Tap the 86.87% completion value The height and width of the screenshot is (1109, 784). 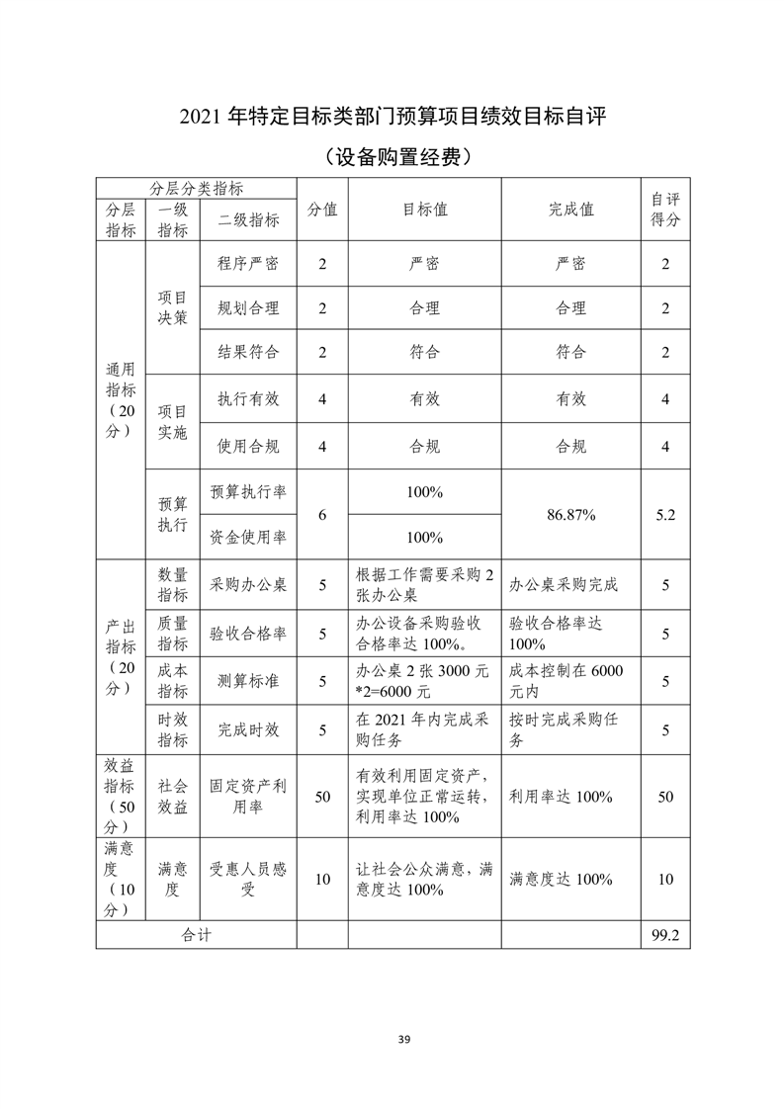click(571, 515)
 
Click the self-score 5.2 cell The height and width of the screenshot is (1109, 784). click(664, 515)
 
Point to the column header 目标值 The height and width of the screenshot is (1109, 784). click(424, 210)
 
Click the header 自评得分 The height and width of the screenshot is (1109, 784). click(664, 210)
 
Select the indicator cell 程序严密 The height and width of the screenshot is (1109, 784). click(248, 265)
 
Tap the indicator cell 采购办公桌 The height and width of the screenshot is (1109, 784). click(248, 585)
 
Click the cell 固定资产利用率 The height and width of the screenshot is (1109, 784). click(248, 797)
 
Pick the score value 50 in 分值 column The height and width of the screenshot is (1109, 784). click(322, 797)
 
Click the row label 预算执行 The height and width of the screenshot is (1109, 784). click(172, 515)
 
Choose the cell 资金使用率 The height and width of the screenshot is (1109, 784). click(248, 538)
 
